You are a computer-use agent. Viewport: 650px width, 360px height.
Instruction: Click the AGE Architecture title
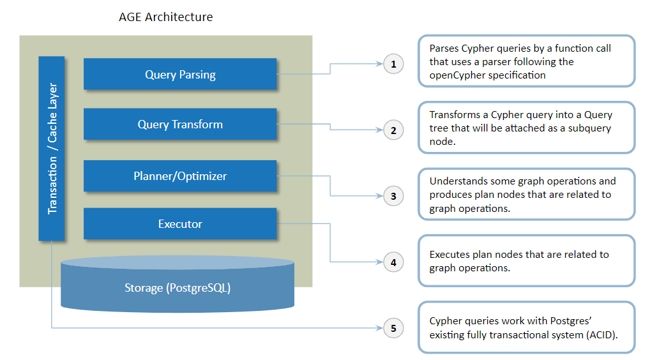pyautogui.click(x=165, y=17)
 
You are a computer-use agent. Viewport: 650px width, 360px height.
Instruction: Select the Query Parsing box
pyautogui.click(x=180, y=74)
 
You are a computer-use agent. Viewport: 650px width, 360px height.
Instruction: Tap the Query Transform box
pyautogui.click(x=180, y=124)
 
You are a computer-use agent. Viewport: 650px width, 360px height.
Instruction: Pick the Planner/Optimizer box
pyautogui.click(x=180, y=176)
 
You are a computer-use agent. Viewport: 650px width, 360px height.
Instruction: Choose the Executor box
pyautogui.click(x=180, y=223)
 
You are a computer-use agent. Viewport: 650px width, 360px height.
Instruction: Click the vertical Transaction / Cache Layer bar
pyautogui.click(x=52, y=148)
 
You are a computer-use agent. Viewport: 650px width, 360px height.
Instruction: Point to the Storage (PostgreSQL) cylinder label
pyautogui.click(x=178, y=287)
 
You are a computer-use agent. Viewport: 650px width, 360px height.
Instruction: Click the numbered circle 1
pyautogui.click(x=393, y=64)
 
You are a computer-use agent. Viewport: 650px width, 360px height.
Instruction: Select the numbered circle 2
pyautogui.click(x=393, y=130)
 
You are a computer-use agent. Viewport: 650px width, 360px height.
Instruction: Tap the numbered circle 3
pyautogui.click(x=393, y=196)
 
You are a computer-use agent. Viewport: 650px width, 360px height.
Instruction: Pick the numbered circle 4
pyautogui.click(x=393, y=262)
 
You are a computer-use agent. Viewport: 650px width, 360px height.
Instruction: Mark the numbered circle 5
pyautogui.click(x=393, y=328)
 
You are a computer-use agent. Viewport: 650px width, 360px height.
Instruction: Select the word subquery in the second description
pyautogui.click(x=589, y=128)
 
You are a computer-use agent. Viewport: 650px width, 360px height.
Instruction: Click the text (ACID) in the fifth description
pyautogui.click(x=602, y=334)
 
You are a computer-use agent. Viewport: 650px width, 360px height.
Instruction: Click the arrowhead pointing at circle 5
pyautogui.click(x=379, y=328)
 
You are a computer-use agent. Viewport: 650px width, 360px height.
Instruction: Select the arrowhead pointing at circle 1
pyautogui.click(x=379, y=64)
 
